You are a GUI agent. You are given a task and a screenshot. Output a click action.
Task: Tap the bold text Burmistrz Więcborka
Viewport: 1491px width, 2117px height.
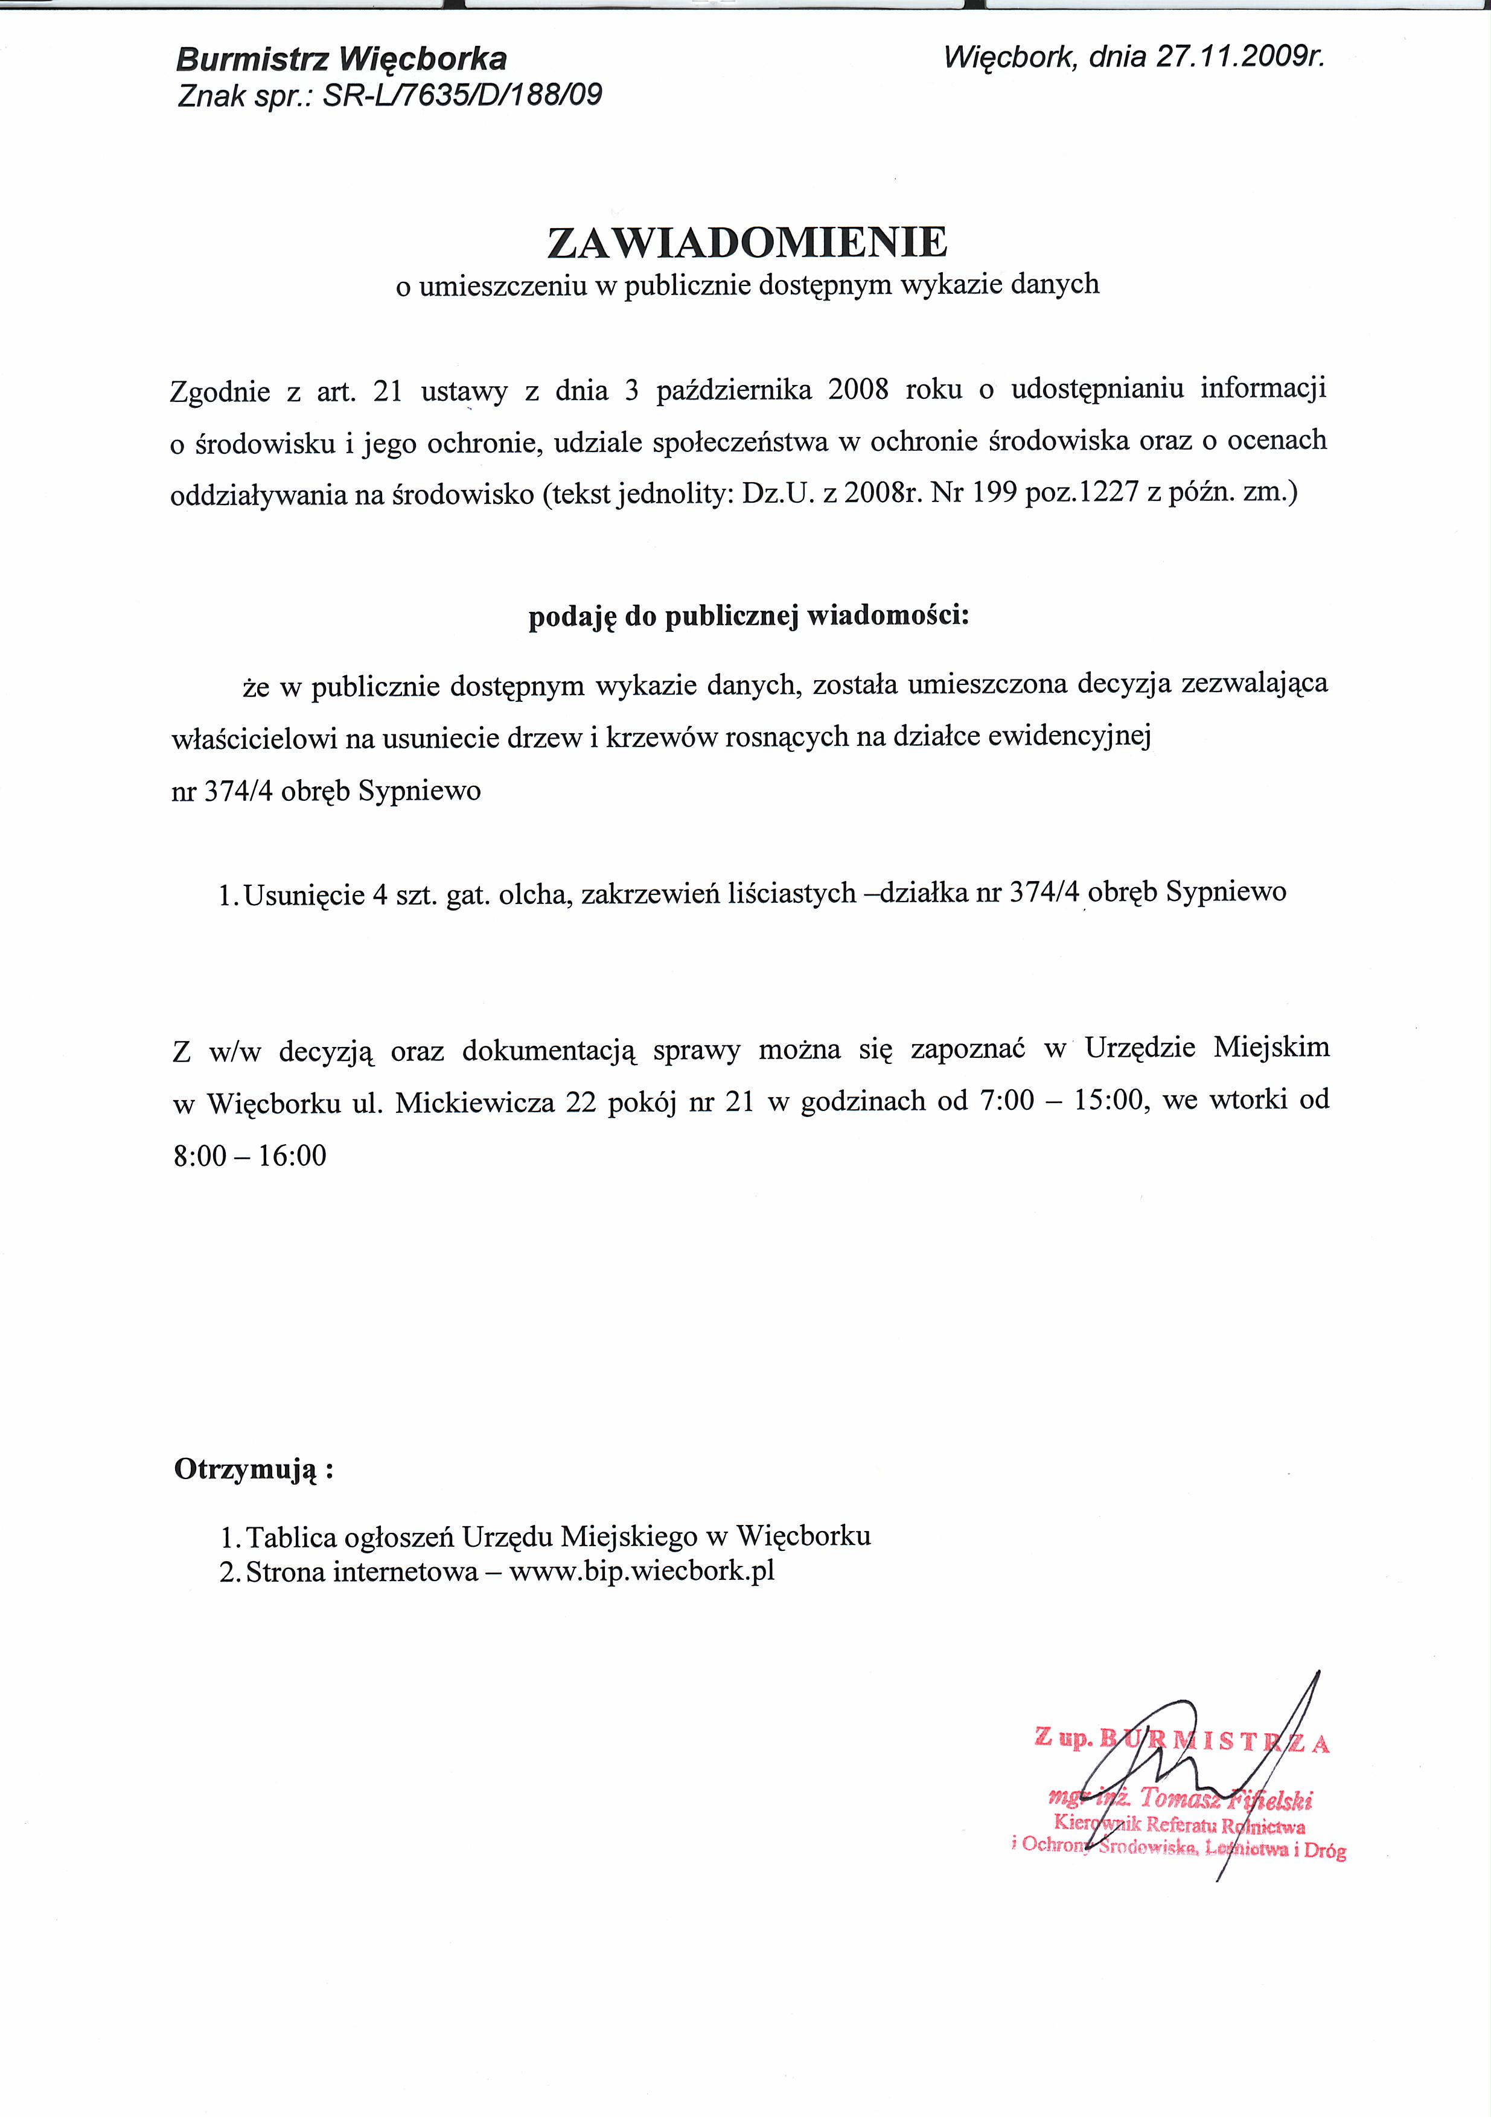pos(341,60)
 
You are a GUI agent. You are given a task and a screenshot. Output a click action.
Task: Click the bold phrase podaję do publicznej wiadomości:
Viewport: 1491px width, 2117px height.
pos(749,616)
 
